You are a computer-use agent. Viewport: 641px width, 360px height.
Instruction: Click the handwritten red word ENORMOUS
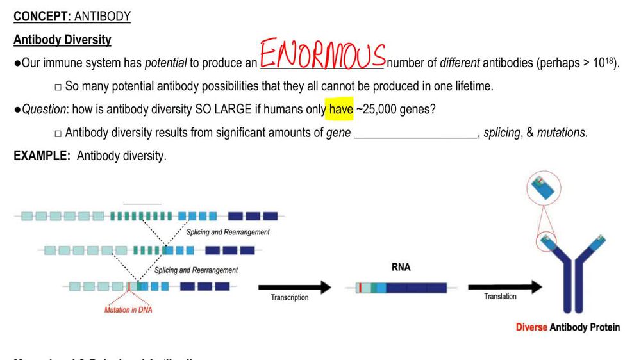(x=322, y=55)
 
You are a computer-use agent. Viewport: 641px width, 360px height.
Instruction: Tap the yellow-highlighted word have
(x=341, y=110)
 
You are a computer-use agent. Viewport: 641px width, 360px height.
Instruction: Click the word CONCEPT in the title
(x=42, y=17)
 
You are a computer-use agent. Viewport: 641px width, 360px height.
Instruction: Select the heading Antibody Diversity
(x=62, y=40)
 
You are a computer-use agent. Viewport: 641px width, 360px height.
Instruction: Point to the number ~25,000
(x=378, y=110)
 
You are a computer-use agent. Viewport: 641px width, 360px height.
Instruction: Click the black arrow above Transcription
(x=294, y=288)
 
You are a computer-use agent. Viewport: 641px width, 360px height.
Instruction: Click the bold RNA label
(x=401, y=268)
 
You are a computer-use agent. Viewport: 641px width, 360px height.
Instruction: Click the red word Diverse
(x=531, y=327)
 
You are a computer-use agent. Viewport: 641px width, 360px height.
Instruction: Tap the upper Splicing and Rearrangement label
(x=228, y=232)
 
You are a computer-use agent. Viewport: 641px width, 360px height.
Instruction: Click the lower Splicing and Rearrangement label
(x=196, y=270)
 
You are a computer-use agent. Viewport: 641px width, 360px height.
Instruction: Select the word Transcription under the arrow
(x=289, y=298)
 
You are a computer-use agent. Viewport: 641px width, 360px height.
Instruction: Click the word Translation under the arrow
(x=500, y=297)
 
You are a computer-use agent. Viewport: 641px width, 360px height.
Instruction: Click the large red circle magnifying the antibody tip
(x=544, y=188)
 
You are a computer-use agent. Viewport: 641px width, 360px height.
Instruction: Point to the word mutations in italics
(x=562, y=133)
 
